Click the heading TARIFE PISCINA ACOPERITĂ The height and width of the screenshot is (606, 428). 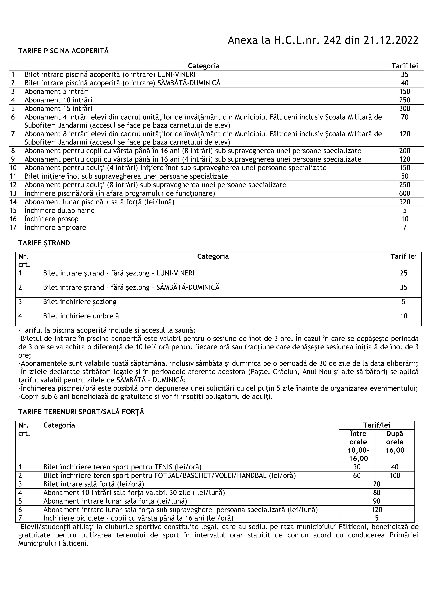[64, 51]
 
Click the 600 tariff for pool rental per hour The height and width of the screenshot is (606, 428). [405, 193]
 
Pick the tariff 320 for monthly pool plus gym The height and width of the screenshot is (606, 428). [405, 202]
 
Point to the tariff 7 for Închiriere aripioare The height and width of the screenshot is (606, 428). [405, 228]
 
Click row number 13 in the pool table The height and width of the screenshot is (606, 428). [13, 193]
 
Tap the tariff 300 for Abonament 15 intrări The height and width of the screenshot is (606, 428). [405, 108]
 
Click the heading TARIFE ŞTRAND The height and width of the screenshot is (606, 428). [44, 243]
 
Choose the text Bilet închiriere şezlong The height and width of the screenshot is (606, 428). [80, 302]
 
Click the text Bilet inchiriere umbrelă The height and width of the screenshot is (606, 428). [81, 316]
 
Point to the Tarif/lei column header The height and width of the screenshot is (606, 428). [377, 425]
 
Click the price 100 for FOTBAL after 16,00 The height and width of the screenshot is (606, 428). [395, 476]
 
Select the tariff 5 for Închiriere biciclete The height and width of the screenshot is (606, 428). [377, 518]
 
